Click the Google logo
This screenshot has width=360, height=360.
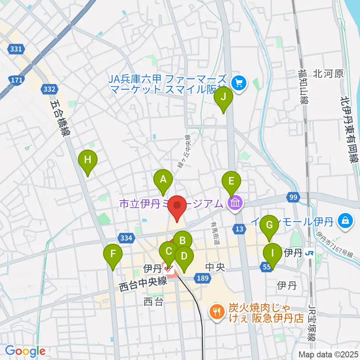[x=25, y=351]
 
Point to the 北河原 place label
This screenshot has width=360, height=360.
[x=328, y=73]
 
